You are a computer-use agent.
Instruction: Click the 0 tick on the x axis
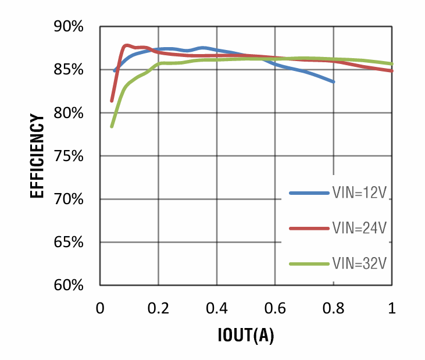(100, 308)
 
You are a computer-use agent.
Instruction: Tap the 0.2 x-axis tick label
(158, 308)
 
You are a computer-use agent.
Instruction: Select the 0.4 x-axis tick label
(217, 308)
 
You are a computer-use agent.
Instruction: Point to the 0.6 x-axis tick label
(276, 308)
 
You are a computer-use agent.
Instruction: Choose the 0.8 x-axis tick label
(334, 308)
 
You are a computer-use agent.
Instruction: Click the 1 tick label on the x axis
(392, 308)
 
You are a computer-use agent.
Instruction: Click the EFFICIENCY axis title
(37, 156)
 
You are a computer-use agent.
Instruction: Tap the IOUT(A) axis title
(246, 336)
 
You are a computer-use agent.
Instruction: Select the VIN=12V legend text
(359, 192)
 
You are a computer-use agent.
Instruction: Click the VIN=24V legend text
(359, 228)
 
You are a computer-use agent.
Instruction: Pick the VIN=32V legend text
(359, 263)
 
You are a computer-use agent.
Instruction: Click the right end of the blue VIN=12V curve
(334, 81)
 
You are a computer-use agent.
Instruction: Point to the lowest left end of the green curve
(112, 126)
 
